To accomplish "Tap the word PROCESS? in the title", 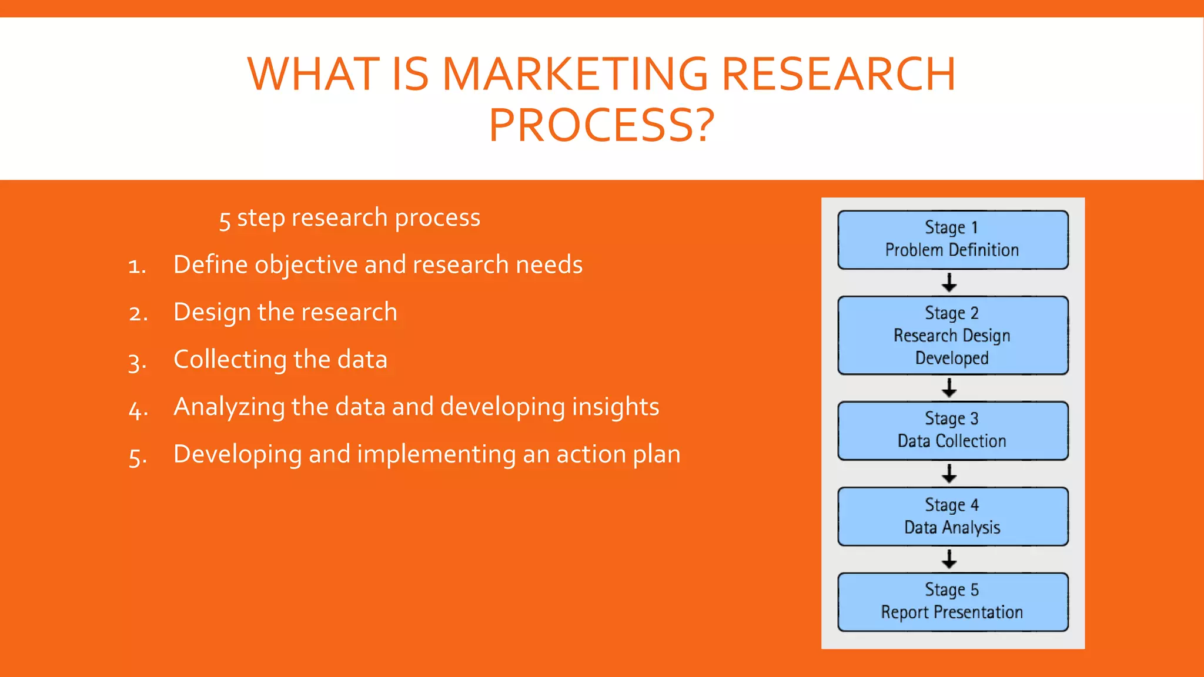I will (x=601, y=125).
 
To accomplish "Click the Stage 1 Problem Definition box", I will (x=952, y=240).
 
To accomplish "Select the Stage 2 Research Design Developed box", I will (x=952, y=336).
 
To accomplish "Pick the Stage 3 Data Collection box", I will (x=952, y=431).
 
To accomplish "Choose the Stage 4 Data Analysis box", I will (x=952, y=517).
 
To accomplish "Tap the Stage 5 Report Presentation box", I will (x=952, y=602).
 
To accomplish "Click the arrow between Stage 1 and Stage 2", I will (x=949, y=283).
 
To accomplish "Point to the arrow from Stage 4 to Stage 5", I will (x=949, y=559).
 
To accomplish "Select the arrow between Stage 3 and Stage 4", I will (x=949, y=474).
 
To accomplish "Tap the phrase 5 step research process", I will (x=350, y=218).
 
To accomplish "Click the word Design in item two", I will (x=212, y=312).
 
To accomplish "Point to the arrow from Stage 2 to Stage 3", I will (x=949, y=388).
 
